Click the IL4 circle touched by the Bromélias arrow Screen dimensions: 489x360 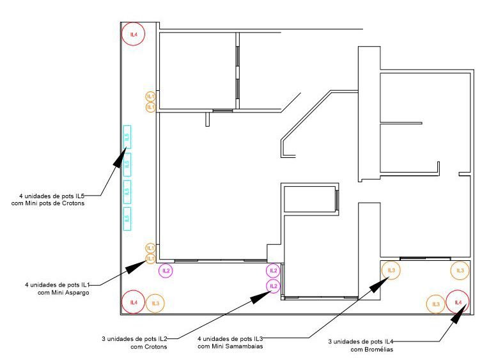pos(458,301)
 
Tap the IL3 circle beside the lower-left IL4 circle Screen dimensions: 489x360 pos(154,303)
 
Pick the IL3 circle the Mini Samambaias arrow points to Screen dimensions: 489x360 pos(392,271)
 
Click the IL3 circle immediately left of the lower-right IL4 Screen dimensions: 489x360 pos(436,304)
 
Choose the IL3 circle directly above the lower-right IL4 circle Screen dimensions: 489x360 pos(460,270)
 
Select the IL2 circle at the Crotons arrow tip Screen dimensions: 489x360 pos(274,285)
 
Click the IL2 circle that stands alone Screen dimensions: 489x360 pos(166,270)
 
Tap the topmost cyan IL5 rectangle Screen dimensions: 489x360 pos(127,137)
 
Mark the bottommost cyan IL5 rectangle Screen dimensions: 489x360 pos(127,219)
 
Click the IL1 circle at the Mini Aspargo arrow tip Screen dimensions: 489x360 pos(150,258)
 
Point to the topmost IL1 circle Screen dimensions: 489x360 pos(150,96)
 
